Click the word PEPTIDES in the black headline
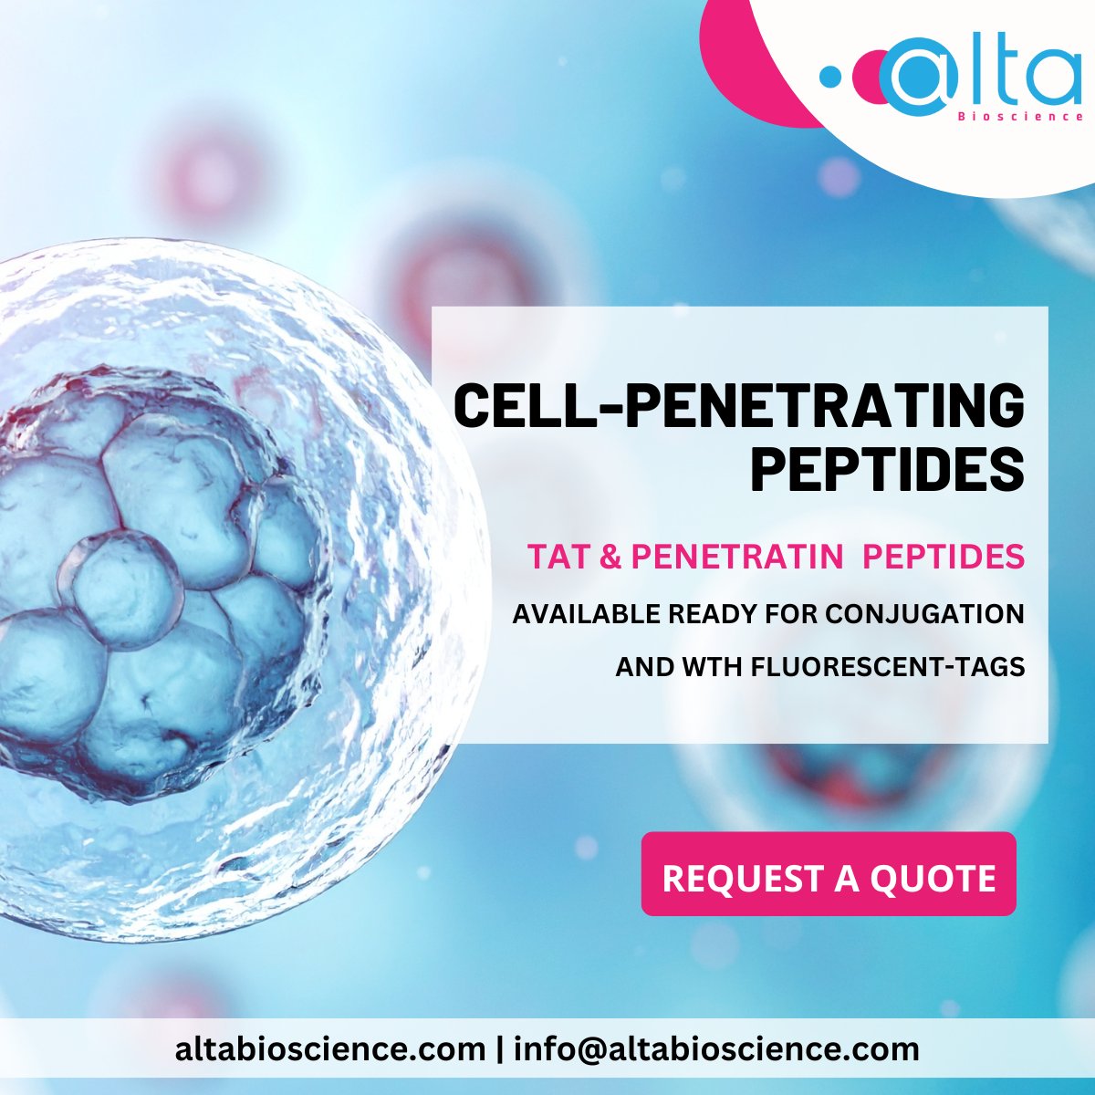click(887, 468)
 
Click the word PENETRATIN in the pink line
click(736, 557)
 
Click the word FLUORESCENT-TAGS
click(887, 667)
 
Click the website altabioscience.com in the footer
click(330, 1049)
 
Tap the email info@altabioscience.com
click(716, 1049)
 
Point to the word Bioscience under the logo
click(1020, 117)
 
